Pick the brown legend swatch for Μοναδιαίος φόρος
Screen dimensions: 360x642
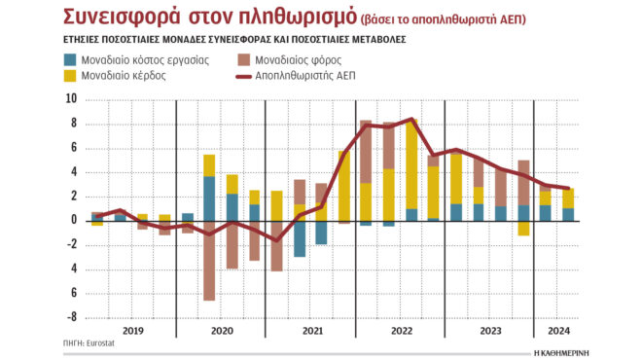(244, 60)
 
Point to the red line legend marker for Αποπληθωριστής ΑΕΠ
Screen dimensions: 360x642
(244, 76)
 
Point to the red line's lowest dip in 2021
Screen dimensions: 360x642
(278, 239)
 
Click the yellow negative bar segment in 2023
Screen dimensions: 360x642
(523, 228)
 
